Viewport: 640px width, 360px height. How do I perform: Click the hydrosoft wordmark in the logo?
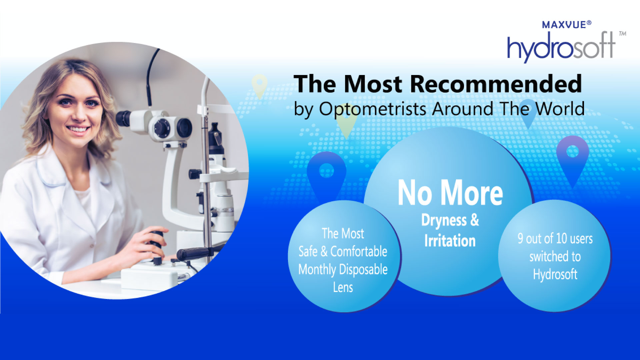[561, 47]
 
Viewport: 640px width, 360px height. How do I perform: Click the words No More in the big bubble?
[450, 193]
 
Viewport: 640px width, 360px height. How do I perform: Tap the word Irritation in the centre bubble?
[450, 241]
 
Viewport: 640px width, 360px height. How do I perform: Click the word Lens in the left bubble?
[343, 287]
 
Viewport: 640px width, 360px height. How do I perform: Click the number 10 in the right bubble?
[561, 238]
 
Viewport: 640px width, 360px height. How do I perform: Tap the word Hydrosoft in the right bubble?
[555, 275]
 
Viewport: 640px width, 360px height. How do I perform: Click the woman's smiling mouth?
[78, 129]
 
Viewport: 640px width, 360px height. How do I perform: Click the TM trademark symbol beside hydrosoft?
[622, 34]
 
